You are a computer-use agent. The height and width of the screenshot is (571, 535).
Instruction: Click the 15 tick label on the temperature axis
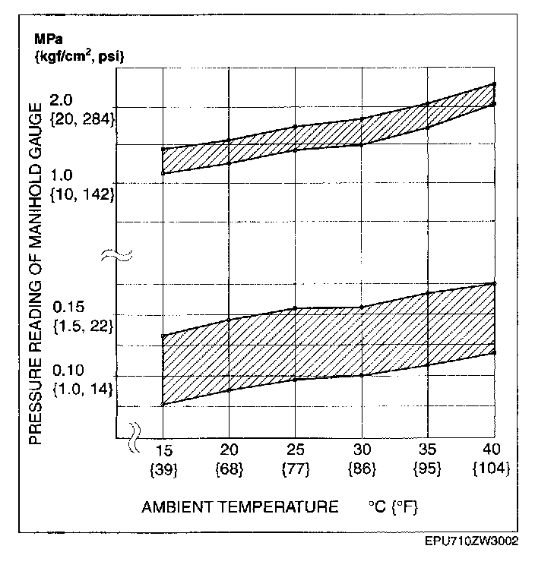tap(163, 450)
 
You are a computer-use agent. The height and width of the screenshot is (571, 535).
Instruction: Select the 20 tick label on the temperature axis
tap(229, 450)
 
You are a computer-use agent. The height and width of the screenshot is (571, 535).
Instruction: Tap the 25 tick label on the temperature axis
tap(295, 450)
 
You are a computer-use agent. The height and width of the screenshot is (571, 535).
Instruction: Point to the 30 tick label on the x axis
tap(361, 450)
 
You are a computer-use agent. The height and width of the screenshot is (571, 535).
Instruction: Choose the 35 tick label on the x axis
tap(428, 450)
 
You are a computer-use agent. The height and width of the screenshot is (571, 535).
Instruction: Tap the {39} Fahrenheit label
tap(163, 468)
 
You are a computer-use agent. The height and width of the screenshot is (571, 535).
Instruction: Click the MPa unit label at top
tap(46, 39)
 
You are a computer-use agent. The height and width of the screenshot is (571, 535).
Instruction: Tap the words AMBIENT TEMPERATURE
tap(240, 507)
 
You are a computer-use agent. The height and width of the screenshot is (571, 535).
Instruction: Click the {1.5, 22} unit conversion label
tap(84, 327)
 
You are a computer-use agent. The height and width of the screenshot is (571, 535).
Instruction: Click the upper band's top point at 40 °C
tap(495, 84)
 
